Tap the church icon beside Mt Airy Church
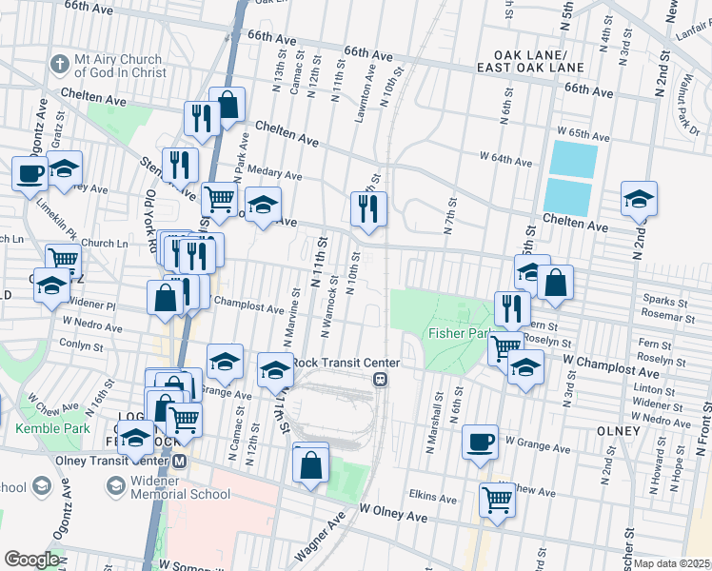pos(60,65)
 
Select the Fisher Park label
pos(460,334)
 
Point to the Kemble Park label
pos(52,429)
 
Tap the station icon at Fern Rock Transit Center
pos(380,379)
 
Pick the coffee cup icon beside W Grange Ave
pos(481,441)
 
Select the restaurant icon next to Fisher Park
pos(512,307)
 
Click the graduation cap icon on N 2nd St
pos(639,197)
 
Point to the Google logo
pos(31,560)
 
